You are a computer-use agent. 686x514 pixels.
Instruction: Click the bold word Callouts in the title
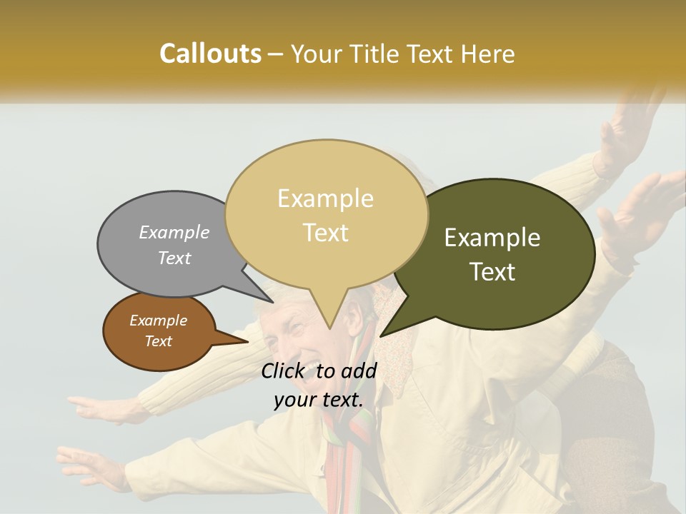(210, 54)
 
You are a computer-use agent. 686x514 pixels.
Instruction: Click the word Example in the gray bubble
(174, 232)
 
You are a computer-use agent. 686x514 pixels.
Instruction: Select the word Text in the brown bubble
(159, 341)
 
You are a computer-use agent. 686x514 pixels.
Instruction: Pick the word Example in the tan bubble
(325, 198)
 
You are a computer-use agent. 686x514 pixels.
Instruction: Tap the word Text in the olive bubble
(492, 272)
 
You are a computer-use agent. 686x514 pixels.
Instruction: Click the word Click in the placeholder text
(284, 371)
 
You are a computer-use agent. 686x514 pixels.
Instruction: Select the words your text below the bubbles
(318, 400)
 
